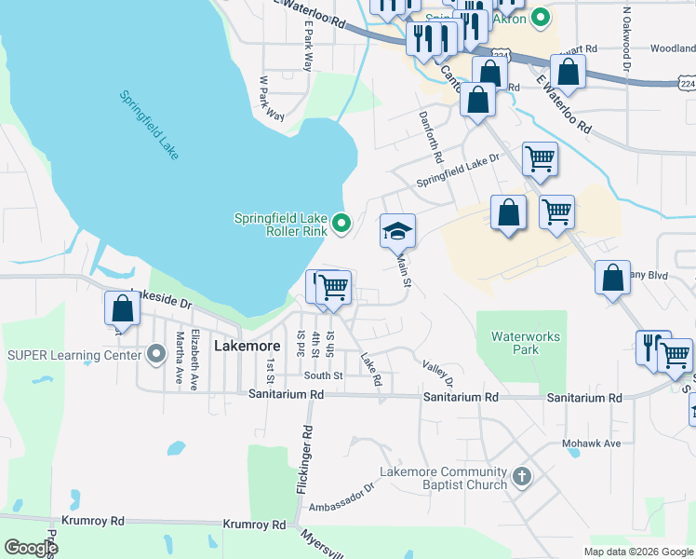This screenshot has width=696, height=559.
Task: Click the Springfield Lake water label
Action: point(149,125)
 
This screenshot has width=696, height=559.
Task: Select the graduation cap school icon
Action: point(397,231)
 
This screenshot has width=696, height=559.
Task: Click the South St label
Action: point(324,376)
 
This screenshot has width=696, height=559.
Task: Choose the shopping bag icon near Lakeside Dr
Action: point(122,307)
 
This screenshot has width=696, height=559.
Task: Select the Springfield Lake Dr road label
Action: point(458,170)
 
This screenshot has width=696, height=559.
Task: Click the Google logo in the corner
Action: point(30,548)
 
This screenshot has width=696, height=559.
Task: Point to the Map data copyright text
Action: point(637,551)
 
